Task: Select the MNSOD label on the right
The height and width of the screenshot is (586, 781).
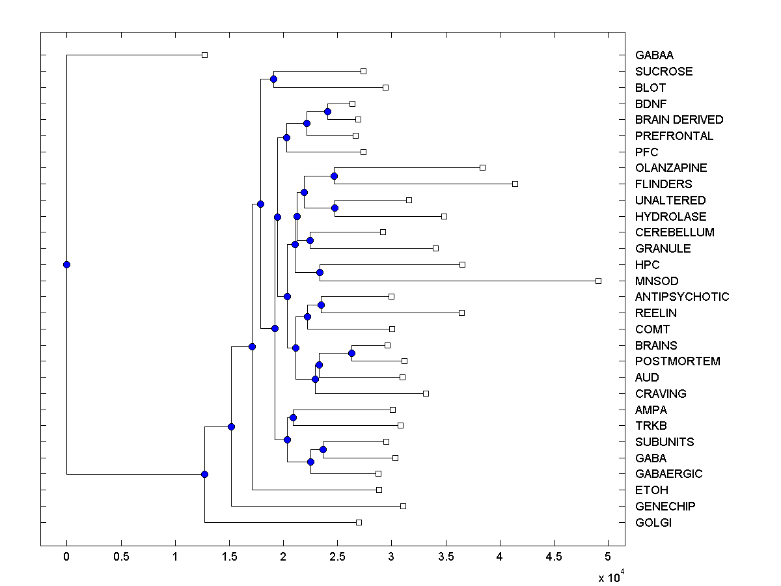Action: point(657,281)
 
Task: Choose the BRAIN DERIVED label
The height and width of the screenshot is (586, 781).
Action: point(679,120)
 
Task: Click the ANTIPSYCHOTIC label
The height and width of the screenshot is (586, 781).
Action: point(682,297)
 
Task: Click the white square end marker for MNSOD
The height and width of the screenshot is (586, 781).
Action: point(598,281)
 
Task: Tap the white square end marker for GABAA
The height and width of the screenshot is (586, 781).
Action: point(204,55)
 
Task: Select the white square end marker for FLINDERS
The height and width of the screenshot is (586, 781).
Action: point(515,184)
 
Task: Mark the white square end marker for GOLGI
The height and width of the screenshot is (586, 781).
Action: point(359,522)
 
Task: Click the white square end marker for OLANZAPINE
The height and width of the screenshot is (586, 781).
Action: point(482,167)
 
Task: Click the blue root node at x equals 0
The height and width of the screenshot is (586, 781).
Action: point(66,264)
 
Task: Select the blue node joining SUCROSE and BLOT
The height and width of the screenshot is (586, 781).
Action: point(273,79)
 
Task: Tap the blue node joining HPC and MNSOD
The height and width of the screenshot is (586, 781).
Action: point(320,272)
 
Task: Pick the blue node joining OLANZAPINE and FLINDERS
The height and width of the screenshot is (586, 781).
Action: point(334,176)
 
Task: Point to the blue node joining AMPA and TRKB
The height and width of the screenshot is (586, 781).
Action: point(293,417)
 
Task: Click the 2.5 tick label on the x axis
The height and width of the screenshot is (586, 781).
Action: point(337,557)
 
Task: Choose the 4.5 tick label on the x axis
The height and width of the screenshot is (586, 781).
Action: point(554,557)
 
